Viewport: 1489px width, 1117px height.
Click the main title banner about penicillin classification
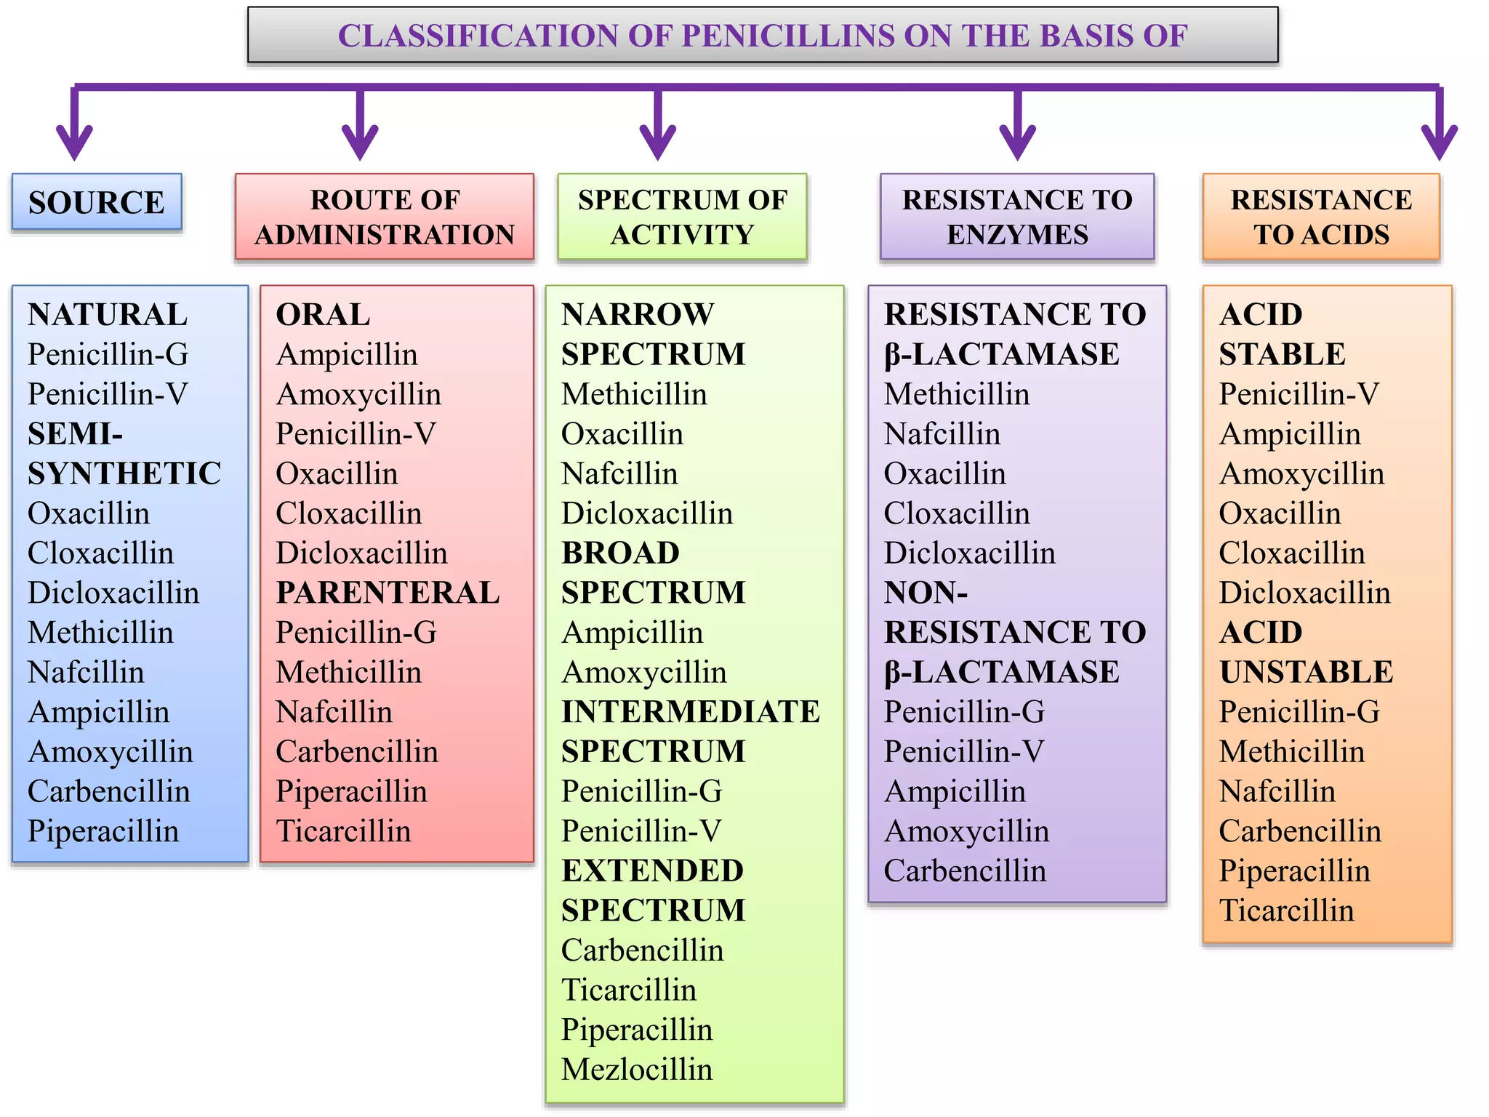point(762,36)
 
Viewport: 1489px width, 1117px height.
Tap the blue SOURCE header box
point(97,202)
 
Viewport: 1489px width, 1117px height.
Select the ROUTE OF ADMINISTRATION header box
point(385,217)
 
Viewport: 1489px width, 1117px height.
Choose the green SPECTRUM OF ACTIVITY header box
point(682,217)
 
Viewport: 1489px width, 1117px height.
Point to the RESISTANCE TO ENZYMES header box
point(1017,217)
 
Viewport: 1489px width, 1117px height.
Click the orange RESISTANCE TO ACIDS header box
point(1321,217)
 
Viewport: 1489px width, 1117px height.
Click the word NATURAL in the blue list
point(108,315)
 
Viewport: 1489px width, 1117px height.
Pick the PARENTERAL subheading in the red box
point(388,593)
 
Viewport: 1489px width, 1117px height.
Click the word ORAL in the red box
point(323,315)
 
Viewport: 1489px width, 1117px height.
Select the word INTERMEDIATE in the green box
point(690,712)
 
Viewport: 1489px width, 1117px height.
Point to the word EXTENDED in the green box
point(652,871)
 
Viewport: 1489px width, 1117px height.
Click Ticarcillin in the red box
point(343,831)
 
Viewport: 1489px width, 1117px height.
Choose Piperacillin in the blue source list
point(103,831)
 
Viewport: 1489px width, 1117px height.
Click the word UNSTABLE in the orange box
point(1306,673)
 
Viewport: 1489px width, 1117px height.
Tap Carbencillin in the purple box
point(965,871)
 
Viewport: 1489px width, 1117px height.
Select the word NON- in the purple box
point(926,593)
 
